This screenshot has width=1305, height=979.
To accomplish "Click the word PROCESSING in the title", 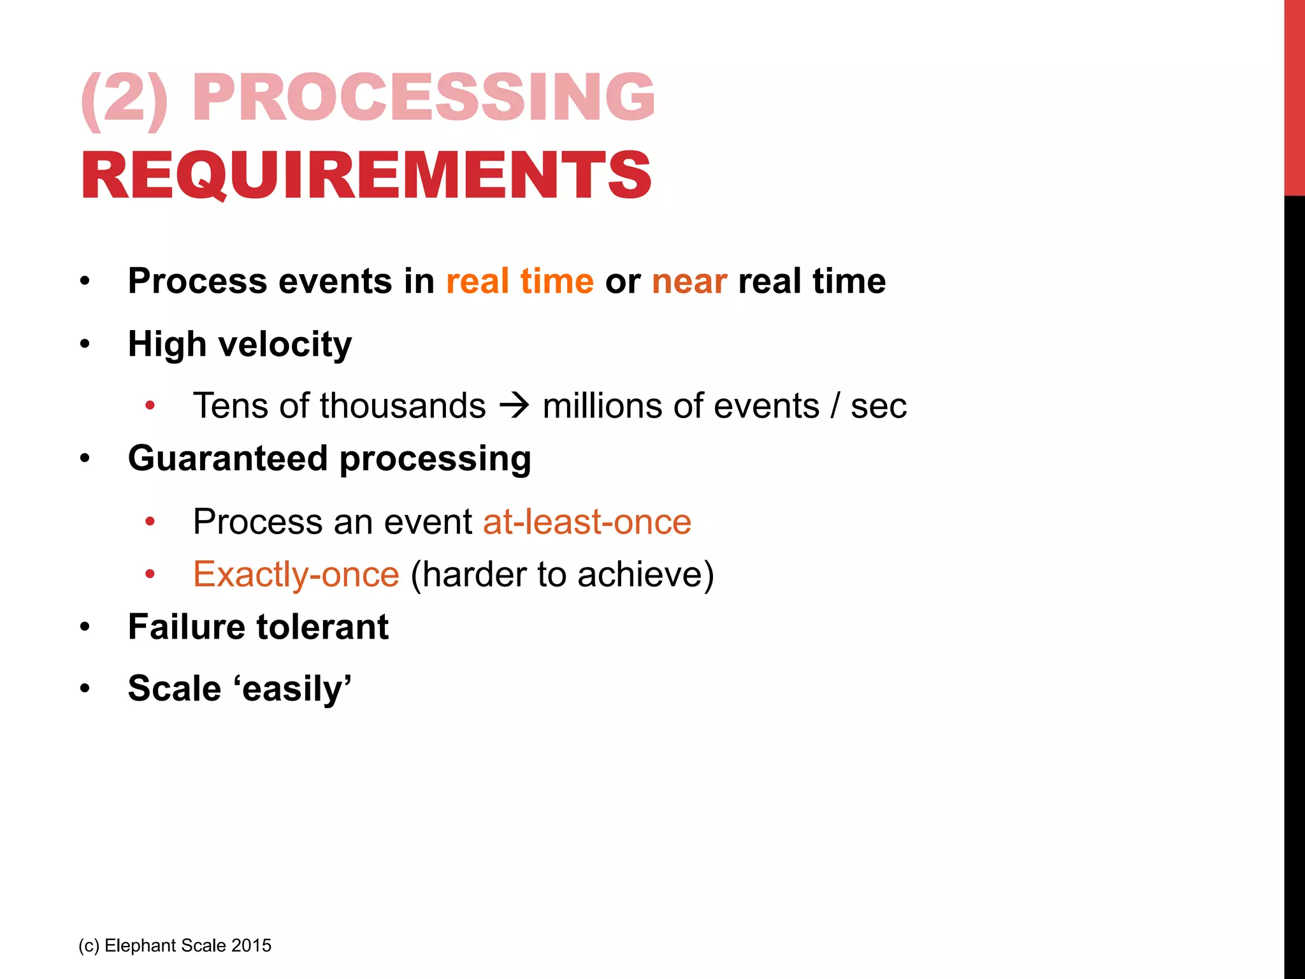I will (424, 97).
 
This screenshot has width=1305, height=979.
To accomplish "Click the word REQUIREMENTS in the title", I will (366, 175).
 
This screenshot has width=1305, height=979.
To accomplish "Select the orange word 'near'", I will (689, 282).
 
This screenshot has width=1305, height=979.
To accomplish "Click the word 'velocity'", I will (285, 345).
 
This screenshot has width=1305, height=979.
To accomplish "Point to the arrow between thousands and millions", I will (514, 406).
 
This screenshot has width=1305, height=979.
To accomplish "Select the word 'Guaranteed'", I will (227, 458).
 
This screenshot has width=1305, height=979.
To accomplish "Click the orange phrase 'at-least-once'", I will (587, 522).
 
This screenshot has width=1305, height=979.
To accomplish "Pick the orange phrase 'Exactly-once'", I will (296, 574).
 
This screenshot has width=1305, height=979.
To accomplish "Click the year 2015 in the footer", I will (251, 945).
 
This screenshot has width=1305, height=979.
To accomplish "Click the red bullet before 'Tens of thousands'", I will (150, 406).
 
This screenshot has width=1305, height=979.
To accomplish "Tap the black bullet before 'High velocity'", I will (85, 345).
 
